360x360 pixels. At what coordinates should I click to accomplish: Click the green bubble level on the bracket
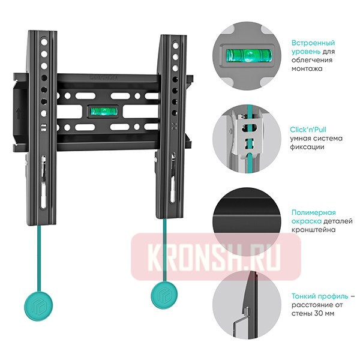point(104,112)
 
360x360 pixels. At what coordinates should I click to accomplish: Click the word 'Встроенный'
point(313,43)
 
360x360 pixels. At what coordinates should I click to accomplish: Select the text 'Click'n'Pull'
point(308,130)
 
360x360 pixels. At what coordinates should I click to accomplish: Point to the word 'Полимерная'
point(314,212)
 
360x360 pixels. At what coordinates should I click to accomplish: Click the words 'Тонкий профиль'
point(320,296)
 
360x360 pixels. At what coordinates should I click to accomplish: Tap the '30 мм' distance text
point(324,313)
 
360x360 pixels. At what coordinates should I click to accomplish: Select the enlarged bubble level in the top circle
point(249,56)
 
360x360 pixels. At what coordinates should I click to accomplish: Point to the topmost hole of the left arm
point(44,42)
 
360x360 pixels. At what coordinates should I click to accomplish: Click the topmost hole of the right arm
point(176,46)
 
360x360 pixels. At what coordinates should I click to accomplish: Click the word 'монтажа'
point(307,68)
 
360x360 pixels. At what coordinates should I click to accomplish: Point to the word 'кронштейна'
point(314,230)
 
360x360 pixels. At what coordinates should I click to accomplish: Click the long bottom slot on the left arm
point(44,194)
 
